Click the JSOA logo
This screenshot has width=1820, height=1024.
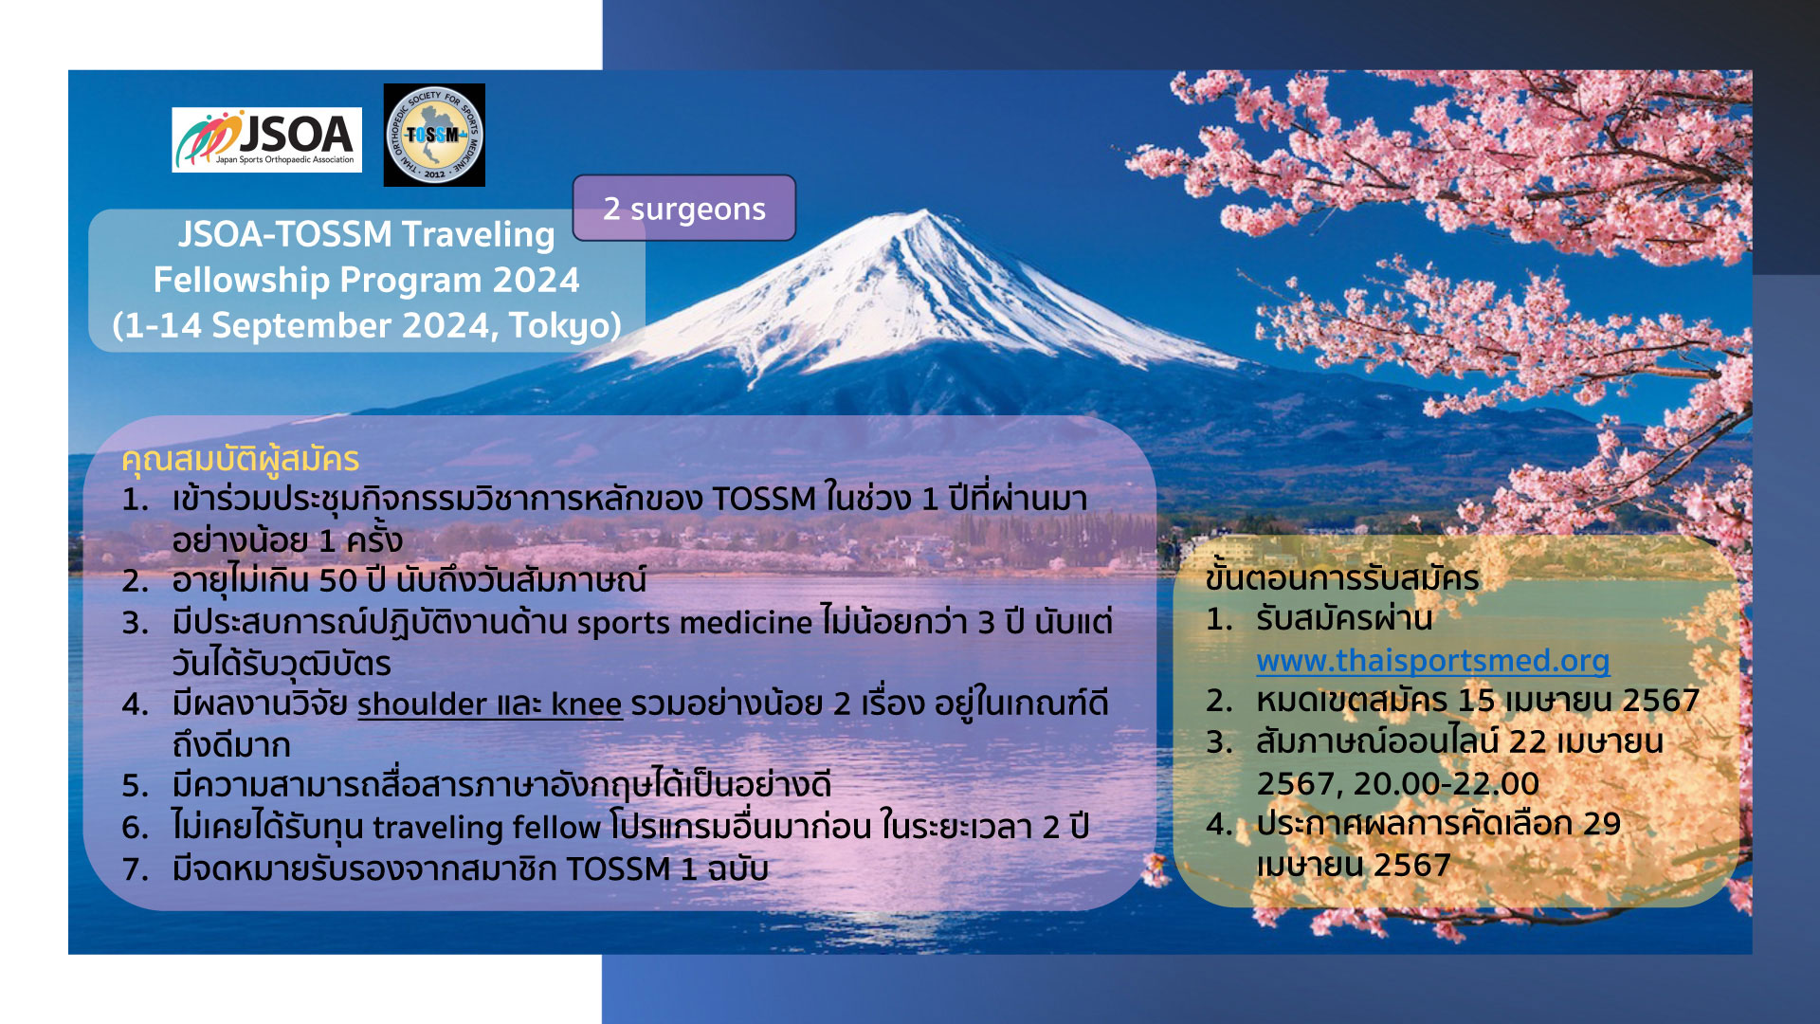pos(266,139)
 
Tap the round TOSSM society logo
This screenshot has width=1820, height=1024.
pos(434,135)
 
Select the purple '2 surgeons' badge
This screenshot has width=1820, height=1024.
pos(684,208)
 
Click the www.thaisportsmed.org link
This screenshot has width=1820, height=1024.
pos(1433,661)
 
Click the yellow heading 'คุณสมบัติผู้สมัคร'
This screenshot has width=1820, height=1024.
pos(240,460)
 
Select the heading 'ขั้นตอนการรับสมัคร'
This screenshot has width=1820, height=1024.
pos(1342,577)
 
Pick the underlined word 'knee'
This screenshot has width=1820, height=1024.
pos(587,704)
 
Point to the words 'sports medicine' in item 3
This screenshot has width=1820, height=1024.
pos(695,623)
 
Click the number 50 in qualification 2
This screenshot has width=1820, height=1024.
pos(337,580)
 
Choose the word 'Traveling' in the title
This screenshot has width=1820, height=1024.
pos(478,234)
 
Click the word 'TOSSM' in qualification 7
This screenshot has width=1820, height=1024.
pos(618,869)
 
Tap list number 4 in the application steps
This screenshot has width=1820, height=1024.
pos(1219,824)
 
